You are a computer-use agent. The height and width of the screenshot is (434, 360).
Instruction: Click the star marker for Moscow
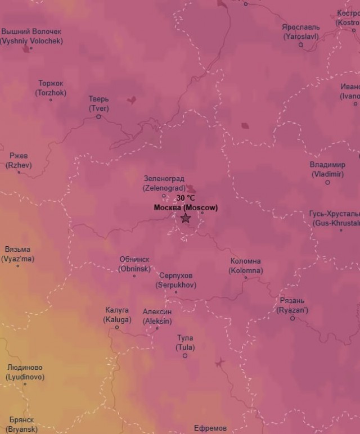[x=186, y=218]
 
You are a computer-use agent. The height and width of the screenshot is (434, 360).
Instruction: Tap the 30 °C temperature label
[x=186, y=198]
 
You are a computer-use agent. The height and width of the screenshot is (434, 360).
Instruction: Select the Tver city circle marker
[x=98, y=117]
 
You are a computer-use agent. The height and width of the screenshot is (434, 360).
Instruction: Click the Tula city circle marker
[x=184, y=355]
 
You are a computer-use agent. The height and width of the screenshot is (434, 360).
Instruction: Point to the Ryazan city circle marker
[x=292, y=318]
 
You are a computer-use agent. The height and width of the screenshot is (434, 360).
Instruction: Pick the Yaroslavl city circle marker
[x=300, y=44]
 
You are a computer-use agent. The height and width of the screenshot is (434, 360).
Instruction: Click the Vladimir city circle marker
[x=327, y=182]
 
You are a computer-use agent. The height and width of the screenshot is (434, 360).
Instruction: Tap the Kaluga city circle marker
[x=117, y=327]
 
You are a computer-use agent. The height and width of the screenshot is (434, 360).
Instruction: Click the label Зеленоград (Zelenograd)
[x=164, y=183]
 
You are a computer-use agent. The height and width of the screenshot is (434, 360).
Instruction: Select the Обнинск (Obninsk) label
[x=134, y=264]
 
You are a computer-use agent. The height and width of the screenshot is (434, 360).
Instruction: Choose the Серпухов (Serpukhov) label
[x=175, y=280]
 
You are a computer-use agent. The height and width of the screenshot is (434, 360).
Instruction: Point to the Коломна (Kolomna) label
[x=245, y=265]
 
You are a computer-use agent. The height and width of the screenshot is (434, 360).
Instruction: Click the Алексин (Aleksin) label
[x=157, y=316]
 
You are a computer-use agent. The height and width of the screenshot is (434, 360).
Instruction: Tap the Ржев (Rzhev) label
[x=19, y=160]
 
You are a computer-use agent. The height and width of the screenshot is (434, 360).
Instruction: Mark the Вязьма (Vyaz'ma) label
[x=17, y=254]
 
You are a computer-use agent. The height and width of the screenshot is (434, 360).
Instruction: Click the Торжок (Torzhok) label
[x=51, y=88]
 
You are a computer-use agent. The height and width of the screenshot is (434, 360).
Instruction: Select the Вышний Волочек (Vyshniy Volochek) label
[x=31, y=36]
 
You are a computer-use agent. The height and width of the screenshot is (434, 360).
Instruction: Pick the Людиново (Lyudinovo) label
[x=25, y=372]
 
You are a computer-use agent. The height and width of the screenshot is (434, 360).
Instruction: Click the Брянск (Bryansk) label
[x=21, y=424]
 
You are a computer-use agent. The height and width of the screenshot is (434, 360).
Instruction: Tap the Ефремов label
[x=210, y=428]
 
